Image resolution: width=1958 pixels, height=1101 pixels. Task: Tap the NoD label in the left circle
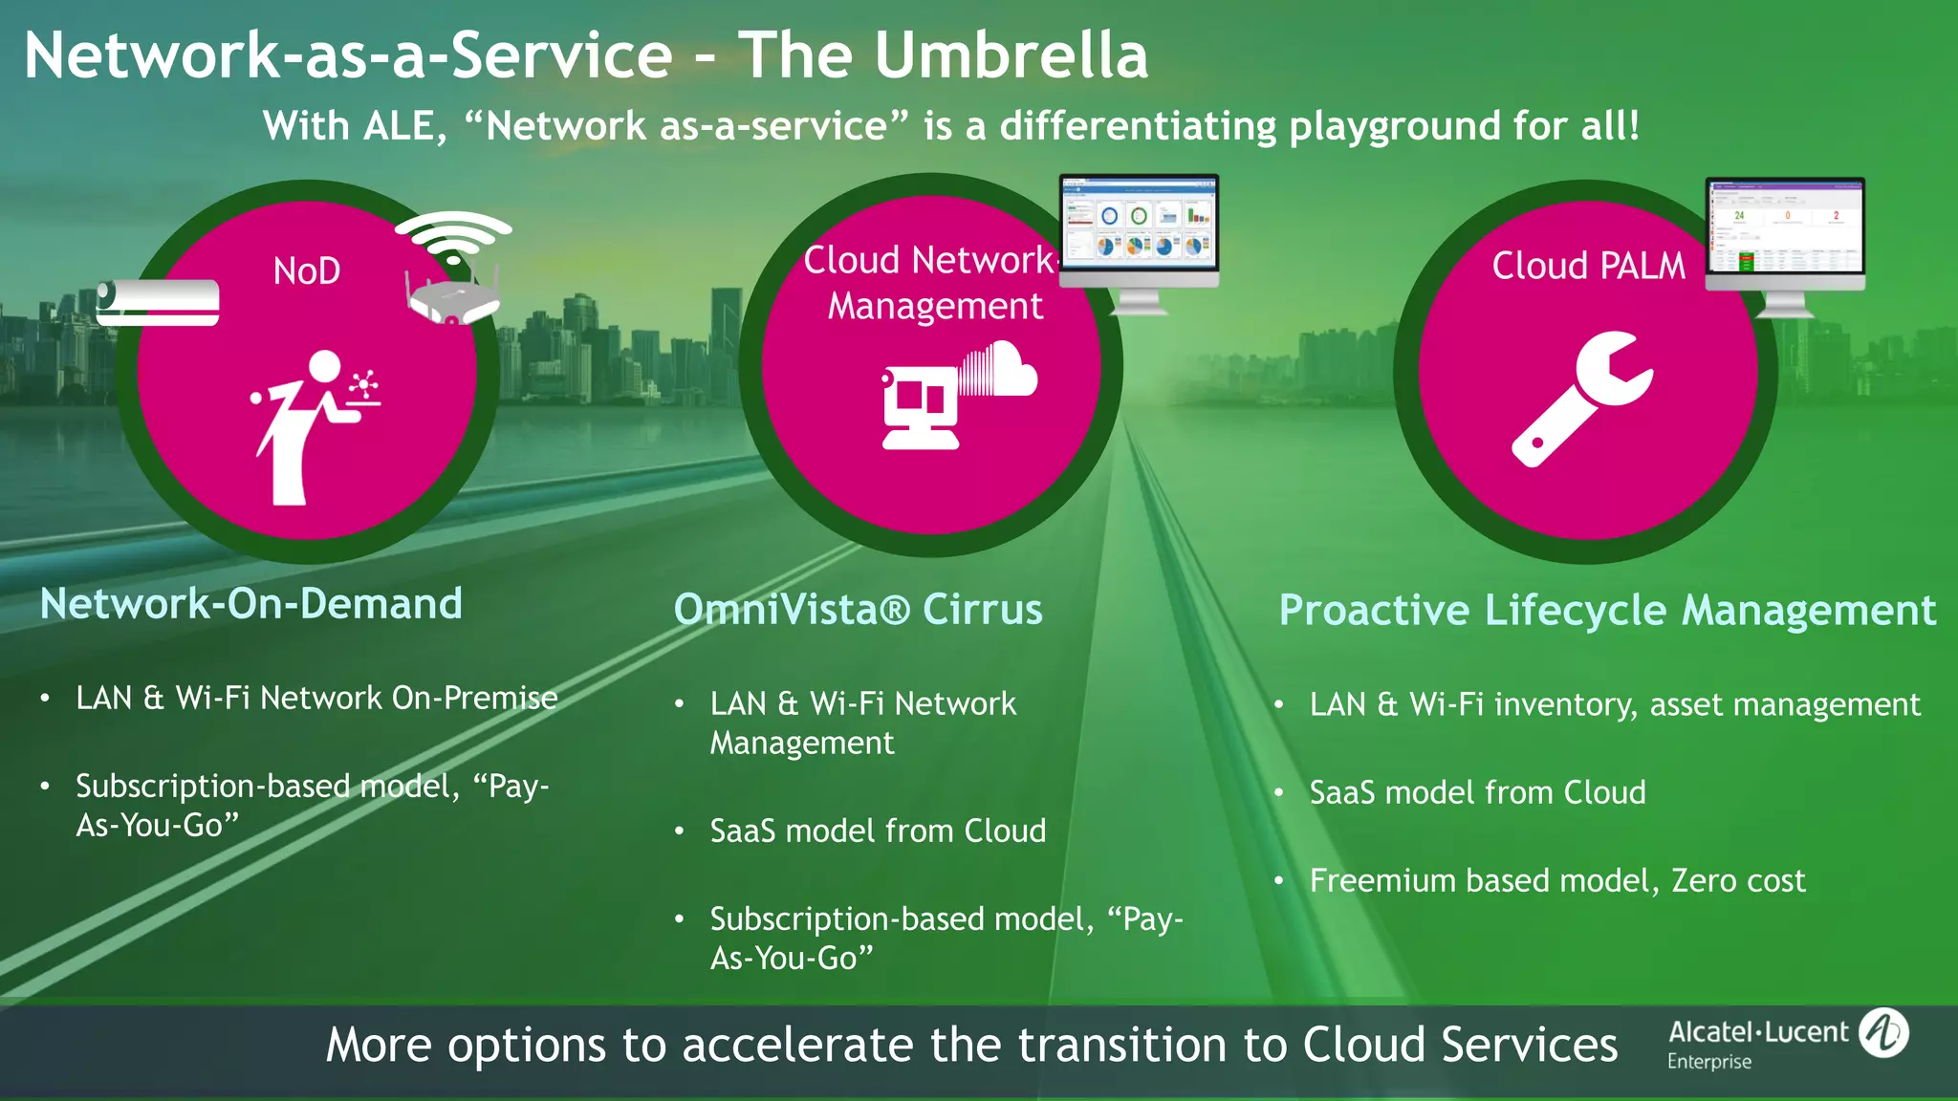tap(307, 271)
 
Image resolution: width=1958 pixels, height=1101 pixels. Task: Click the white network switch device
tap(158, 302)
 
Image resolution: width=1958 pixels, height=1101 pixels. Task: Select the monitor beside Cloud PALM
tap(1785, 234)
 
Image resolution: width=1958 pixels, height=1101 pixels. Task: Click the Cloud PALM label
tap(1589, 266)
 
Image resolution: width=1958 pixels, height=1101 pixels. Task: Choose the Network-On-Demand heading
tap(251, 604)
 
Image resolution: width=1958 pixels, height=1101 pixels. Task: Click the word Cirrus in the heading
tap(982, 610)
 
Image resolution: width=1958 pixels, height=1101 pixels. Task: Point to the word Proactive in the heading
tap(1374, 610)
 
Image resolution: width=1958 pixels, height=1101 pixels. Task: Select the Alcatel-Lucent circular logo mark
tap(1883, 1033)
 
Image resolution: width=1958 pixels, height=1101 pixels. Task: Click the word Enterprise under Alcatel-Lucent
tap(1709, 1062)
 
